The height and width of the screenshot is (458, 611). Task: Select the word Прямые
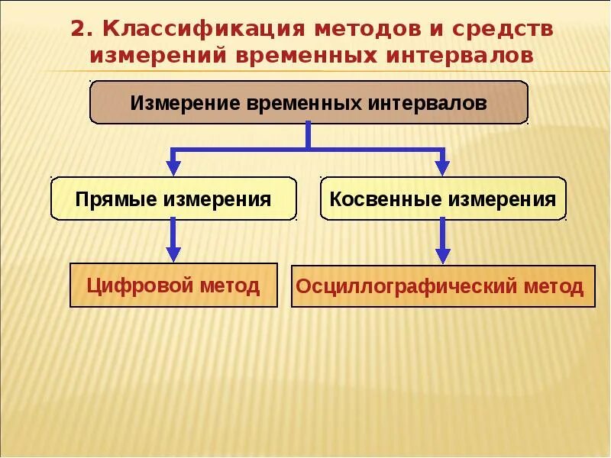(x=116, y=200)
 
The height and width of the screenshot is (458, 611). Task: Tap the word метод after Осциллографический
(x=554, y=288)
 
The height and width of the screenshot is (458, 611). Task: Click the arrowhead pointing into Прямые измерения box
(x=173, y=167)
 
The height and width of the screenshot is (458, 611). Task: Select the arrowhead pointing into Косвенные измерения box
(x=442, y=167)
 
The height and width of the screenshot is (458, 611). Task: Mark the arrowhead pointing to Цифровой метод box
(x=173, y=254)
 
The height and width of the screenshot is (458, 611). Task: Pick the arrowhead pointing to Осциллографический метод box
(x=442, y=256)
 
